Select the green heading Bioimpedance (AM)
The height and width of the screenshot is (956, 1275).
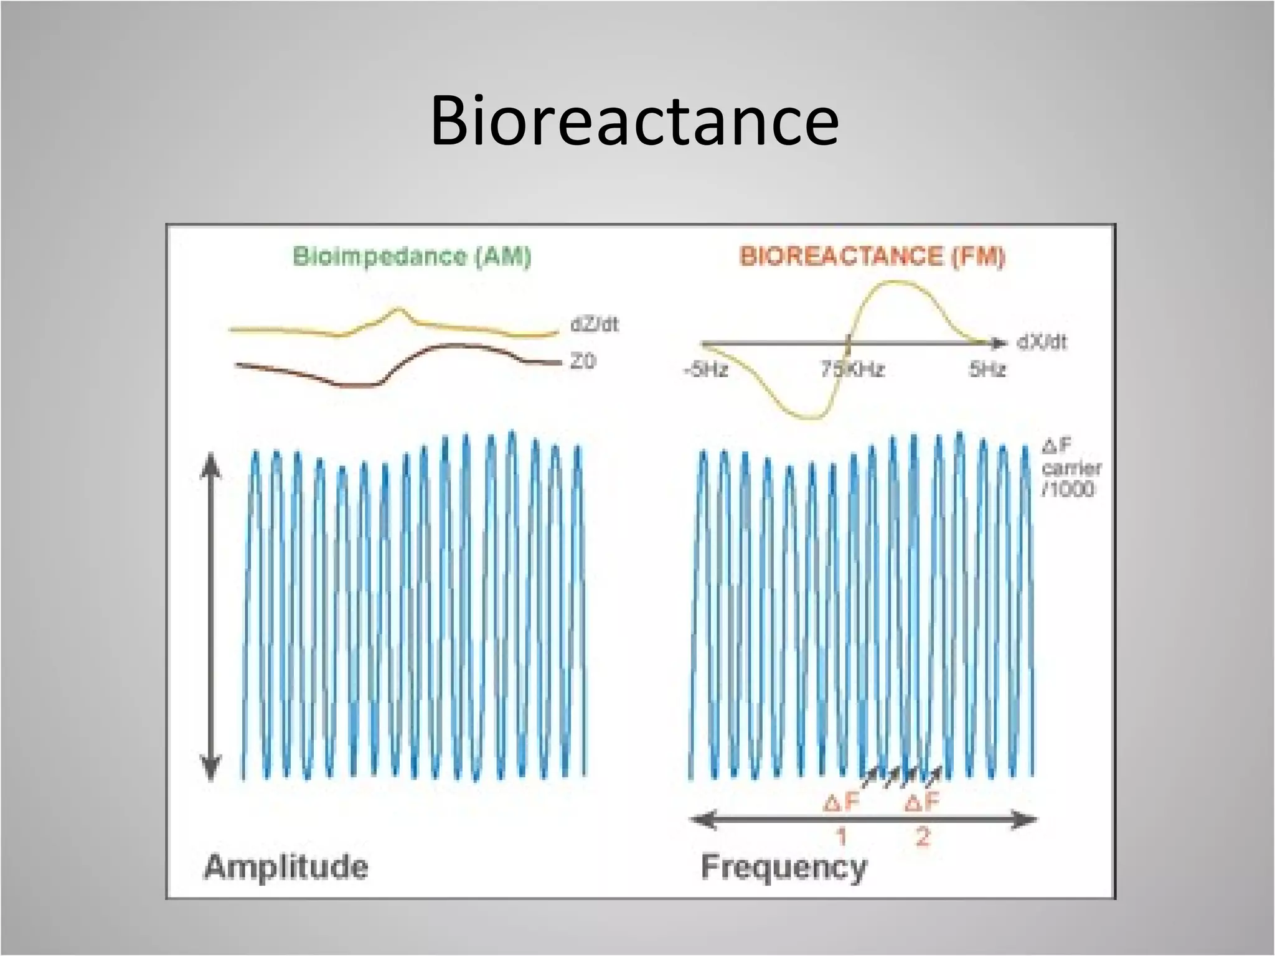tap(412, 257)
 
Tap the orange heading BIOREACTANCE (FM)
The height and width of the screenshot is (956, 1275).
tap(872, 256)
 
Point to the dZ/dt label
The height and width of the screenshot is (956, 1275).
tap(595, 325)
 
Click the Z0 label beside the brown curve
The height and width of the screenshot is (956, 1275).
tap(583, 361)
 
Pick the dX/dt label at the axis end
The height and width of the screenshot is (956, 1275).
tap(1042, 342)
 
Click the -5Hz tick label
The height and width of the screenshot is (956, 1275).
tap(705, 370)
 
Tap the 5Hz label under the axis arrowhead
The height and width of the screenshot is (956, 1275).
tap(987, 370)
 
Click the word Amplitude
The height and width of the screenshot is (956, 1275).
tap(286, 867)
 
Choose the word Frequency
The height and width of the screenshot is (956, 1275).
tap(784, 867)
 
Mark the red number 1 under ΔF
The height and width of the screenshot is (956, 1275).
tap(842, 836)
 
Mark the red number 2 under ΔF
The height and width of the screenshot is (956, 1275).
tap(922, 836)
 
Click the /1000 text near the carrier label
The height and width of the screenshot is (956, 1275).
tap(1068, 489)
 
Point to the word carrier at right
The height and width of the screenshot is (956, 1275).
tap(1071, 467)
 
